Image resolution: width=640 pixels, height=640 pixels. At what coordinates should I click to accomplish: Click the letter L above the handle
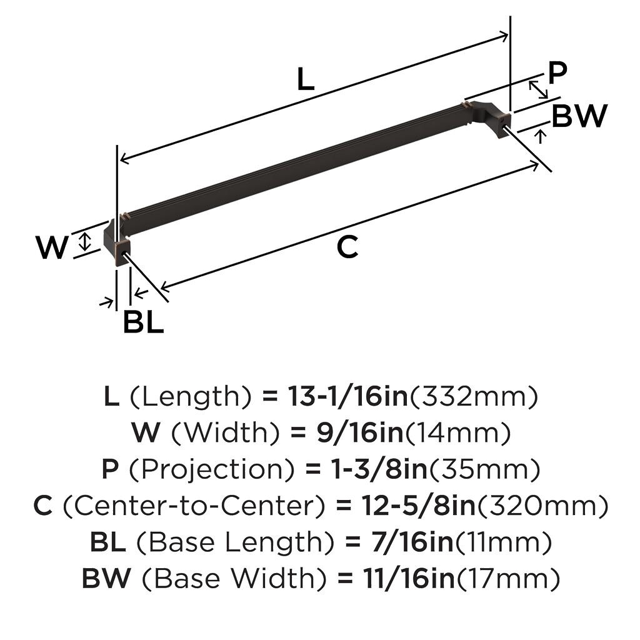(306, 79)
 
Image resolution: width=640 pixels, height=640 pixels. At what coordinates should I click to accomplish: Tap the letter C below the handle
(347, 247)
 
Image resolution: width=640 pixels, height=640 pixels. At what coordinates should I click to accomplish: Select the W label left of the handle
(52, 247)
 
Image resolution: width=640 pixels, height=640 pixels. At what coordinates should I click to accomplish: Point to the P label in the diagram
(557, 73)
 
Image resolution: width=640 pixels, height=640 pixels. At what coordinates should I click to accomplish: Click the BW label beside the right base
(579, 116)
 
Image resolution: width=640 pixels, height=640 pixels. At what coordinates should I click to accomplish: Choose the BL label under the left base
(143, 322)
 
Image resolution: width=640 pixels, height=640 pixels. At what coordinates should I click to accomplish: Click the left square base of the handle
(122, 252)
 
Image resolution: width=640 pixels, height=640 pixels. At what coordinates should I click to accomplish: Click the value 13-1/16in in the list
(347, 396)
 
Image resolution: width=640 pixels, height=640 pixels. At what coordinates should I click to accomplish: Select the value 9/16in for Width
(360, 432)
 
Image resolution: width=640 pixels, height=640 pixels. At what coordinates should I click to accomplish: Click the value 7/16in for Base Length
(412, 542)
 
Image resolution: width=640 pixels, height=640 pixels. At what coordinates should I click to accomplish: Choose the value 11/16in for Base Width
(409, 578)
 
